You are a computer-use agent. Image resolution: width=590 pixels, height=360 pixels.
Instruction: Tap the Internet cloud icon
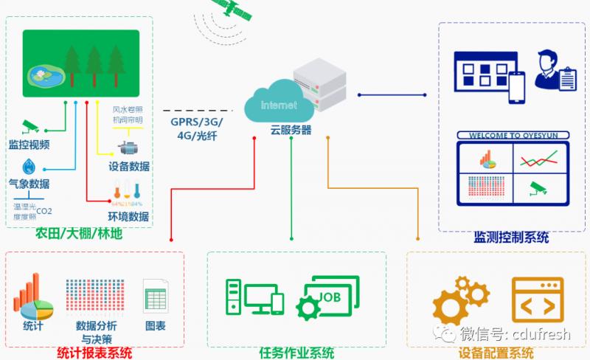tap(278, 105)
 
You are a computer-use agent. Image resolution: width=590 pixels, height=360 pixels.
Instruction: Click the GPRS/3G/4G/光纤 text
tap(196, 129)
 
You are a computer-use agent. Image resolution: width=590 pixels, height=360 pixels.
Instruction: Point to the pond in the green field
tap(42, 74)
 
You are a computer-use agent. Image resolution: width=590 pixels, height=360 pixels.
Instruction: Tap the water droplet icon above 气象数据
tap(29, 166)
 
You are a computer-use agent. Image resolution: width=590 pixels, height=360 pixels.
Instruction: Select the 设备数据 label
tap(128, 166)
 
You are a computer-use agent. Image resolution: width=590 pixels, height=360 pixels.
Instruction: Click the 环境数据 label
tap(128, 217)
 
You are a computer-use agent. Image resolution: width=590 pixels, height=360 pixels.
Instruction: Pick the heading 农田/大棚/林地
tap(79, 235)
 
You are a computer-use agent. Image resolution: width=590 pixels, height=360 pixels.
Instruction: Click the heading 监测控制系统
tap(511, 238)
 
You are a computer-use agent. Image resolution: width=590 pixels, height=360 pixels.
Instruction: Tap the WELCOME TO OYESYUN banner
tap(511, 135)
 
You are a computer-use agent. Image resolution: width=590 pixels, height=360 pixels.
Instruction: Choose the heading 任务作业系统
tap(296, 353)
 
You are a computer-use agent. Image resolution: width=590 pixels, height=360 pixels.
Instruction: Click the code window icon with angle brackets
tap(537, 302)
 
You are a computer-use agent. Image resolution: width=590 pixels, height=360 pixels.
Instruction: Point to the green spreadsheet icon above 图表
tap(155, 298)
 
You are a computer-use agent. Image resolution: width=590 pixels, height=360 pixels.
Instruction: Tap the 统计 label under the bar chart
tap(33, 325)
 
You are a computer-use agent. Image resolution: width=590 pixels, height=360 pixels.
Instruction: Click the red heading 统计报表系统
tap(94, 353)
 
